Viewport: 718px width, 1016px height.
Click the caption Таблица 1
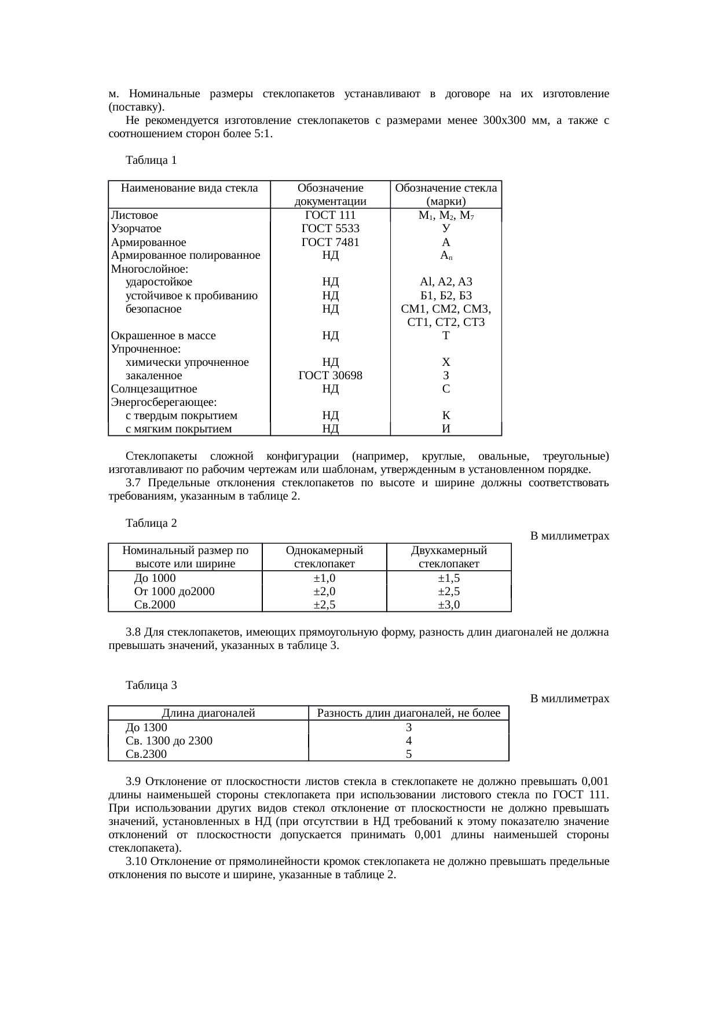tap(151, 160)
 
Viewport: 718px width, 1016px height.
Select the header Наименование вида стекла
tap(189, 188)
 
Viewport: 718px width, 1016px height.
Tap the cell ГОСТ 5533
tap(330, 229)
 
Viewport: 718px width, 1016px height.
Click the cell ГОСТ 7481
tap(330, 243)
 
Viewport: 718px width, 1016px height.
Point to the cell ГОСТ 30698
tap(330, 376)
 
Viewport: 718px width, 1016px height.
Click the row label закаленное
tap(153, 376)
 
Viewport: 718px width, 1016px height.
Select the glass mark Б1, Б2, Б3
tap(446, 296)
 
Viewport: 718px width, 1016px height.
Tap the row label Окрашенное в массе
tap(163, 336)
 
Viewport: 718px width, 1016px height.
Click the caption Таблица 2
tap(151, 523)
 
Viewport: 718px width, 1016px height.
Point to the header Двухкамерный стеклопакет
tap(449, 557)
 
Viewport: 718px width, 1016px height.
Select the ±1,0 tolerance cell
tap(324, 578)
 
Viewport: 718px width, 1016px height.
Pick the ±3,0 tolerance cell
tap(449, 605)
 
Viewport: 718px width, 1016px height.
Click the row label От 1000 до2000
tap(174, 592)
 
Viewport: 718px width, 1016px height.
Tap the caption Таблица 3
tap(151, 686)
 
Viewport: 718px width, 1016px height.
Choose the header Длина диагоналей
tap(208, 713)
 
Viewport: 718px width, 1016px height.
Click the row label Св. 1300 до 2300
tap(169, 741)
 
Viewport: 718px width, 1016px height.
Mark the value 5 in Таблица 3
tap(409, 754)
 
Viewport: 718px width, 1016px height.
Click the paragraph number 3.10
tap(137, 861)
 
